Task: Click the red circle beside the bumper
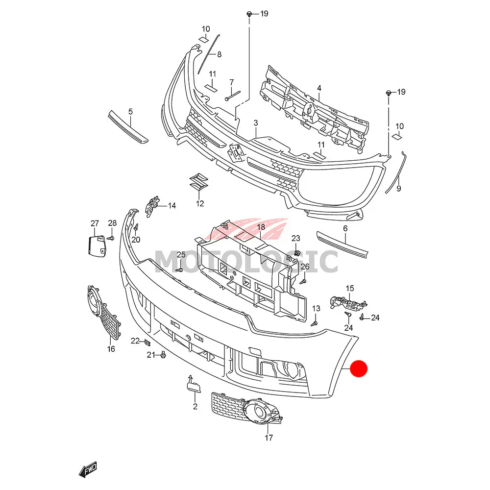(x=360, y=369)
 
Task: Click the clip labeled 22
(x=147, y=341)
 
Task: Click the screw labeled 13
(x=316, y=322)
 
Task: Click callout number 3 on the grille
(x=255, y=122)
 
